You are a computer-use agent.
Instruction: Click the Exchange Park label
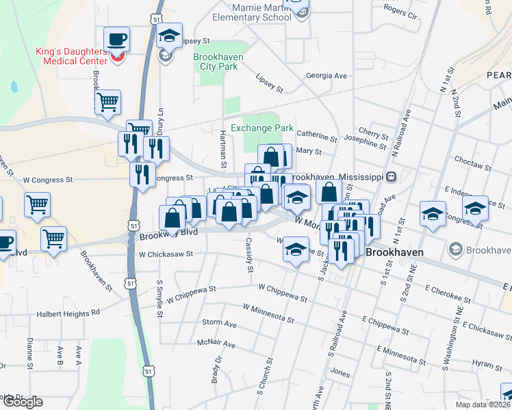[x=261, y=128]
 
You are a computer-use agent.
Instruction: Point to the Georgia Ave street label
[x=327, y=76]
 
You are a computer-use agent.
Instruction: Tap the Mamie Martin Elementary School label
[x=251, y=12]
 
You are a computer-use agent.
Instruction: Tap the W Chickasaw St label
[x=166, y=254]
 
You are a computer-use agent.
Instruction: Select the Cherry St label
[x=373, y=133]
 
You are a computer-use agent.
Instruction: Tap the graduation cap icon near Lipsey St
[x=168, y=35]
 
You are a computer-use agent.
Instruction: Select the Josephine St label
[x=365, y=143]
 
